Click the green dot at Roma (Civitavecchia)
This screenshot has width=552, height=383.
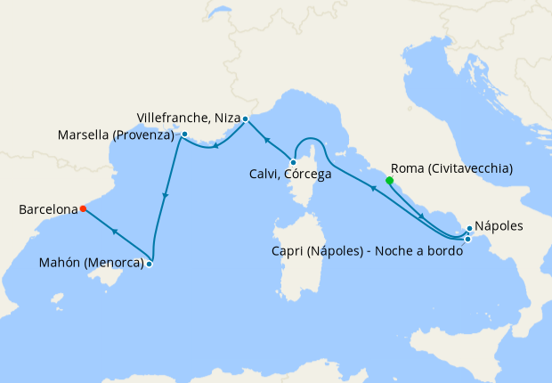click(389, 181)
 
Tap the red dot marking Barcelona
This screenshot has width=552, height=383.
click(83, 209)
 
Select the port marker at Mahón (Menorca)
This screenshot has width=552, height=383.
click(150, 264)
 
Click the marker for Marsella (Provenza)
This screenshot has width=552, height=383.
click(184, 134)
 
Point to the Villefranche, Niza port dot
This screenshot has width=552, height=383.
click(245, 118)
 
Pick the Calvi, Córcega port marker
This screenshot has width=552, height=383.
click(293, 162)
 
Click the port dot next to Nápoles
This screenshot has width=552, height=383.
click(469, 229)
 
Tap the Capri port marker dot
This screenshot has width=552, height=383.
click(467, 239)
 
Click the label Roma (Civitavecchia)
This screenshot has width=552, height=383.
click(451, 167)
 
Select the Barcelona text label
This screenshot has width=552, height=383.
click(48, 210)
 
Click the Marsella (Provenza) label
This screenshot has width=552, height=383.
click(116, 135)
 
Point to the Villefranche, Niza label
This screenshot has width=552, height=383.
click(188, 118)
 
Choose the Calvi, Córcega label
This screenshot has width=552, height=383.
click(290, 175)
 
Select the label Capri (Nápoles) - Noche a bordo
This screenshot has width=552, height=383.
click(366, 251)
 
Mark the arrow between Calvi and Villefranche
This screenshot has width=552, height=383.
click(266, 140)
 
